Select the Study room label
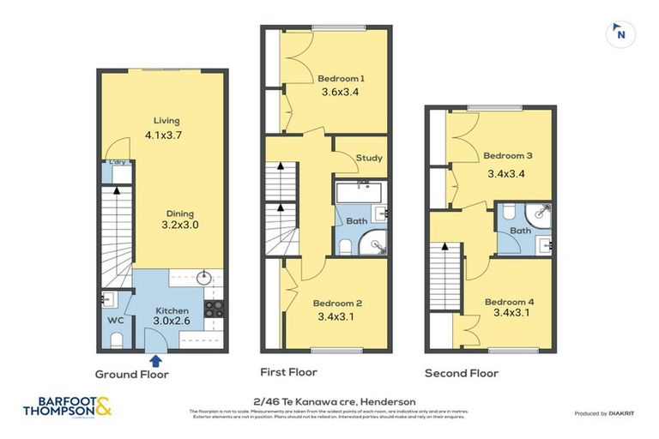370,158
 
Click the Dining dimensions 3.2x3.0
179,226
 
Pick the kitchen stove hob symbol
213,310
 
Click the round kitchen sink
204,278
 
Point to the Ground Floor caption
131,375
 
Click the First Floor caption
288,372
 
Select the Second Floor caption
462,373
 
